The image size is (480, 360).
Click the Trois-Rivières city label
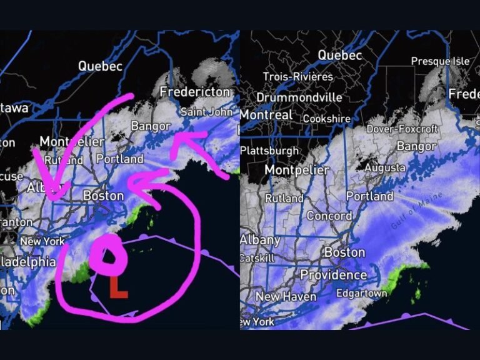tap(298, 76)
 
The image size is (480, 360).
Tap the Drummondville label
tap(299, 97)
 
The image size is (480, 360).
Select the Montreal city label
tap(266, 115)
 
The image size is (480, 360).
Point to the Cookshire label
tap(329, 118)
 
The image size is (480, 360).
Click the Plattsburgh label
tap(269, 151)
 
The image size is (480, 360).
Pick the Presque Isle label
tap(440, 61)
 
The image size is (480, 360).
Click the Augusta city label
tap(385, 168)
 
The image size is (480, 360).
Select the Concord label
tap(329, 216)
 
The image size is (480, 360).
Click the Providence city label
tap(334, 275)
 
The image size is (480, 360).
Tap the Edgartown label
tap(362, 293)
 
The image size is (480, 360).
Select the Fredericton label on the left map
tap(194, 92)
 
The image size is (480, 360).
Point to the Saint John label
tap(206, 112)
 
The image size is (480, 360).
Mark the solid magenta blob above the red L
tap(107, 255)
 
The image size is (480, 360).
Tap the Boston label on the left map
tap(103, 196)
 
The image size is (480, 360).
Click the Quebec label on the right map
tap(339, 55)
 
